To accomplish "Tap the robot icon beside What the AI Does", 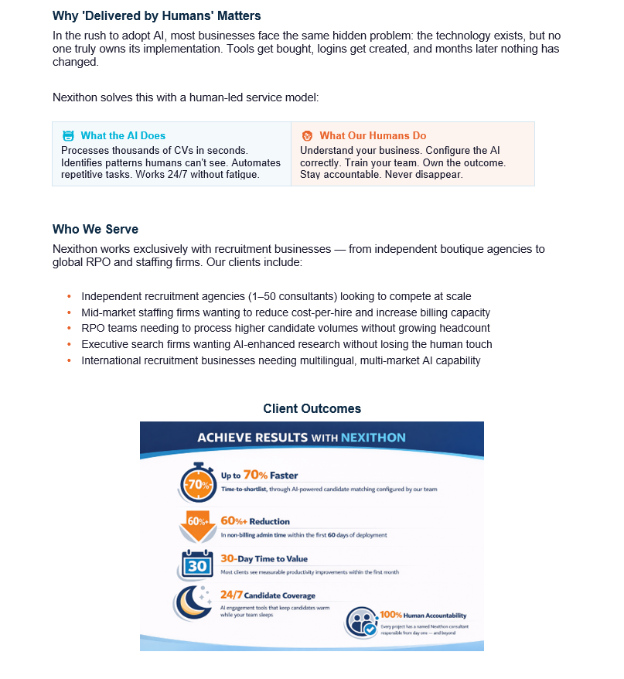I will (x=68, y=135).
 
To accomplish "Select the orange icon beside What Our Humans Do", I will (x=307, y=135).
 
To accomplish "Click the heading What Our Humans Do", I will (x=373, y=135).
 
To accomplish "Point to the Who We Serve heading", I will (x=95, y=229).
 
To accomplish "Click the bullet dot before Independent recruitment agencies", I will (x=69, y=296).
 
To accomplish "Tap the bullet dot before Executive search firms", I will (x=69, y=345).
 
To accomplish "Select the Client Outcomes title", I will (x=312, y=408).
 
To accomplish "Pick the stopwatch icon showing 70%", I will (x=199, y=484).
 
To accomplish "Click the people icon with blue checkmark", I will (x=361, y=621).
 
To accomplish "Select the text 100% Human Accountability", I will (x=424, y=615).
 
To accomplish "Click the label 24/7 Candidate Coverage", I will (x=268, y=595).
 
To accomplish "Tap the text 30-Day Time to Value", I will (x=264, y=558).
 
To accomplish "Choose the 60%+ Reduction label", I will (x=254, y=521).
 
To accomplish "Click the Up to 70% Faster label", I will (x=259, y=475).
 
